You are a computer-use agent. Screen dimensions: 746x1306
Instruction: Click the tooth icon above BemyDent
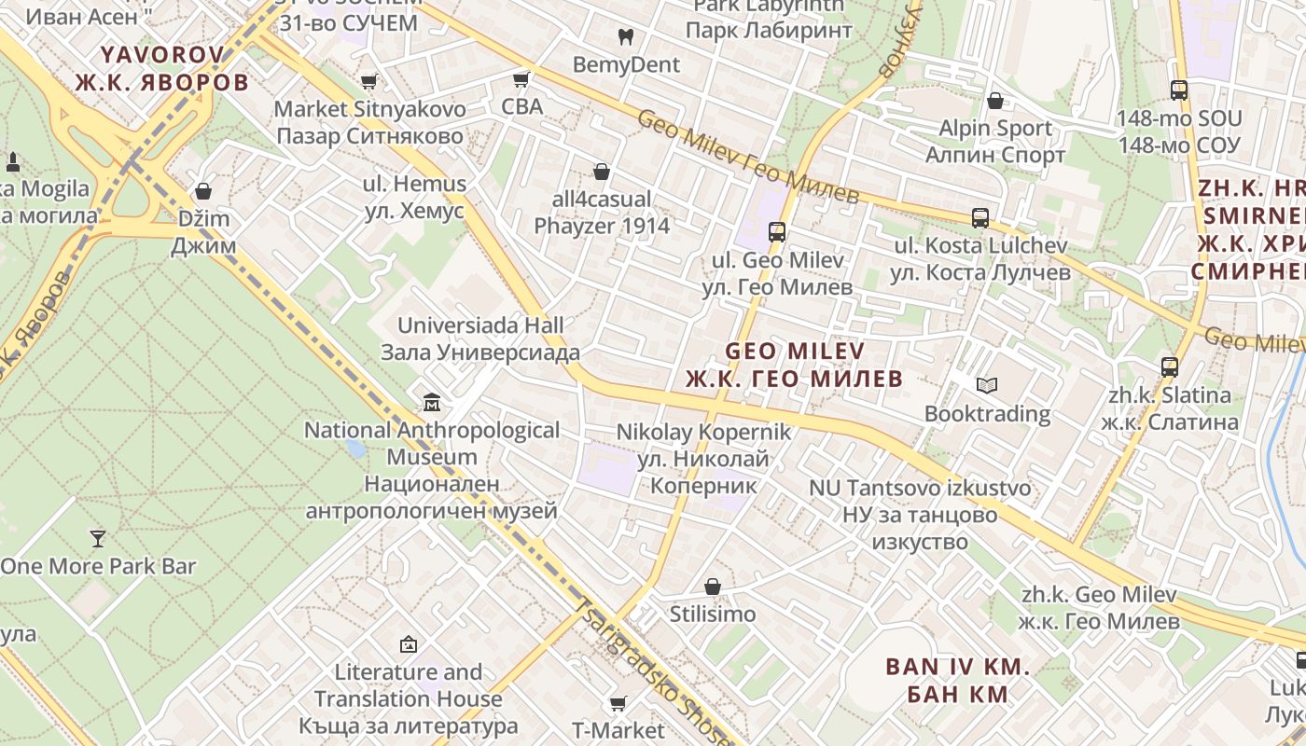626,37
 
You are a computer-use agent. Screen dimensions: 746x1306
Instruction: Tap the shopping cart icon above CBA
521,79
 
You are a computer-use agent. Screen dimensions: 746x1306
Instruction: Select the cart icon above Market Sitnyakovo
369,81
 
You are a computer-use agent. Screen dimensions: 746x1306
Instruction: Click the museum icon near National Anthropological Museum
432,403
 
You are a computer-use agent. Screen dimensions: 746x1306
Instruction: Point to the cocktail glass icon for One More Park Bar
97,538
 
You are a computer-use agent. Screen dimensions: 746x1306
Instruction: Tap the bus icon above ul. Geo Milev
777,232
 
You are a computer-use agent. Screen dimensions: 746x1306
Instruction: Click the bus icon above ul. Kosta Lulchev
980,218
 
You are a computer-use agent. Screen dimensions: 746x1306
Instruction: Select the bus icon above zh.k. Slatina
1170,367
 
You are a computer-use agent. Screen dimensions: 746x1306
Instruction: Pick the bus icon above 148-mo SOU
1179,90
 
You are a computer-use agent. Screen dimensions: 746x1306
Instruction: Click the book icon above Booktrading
987,385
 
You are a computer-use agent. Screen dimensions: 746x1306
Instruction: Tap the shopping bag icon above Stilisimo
713,587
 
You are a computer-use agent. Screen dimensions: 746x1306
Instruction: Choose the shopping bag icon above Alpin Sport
995,101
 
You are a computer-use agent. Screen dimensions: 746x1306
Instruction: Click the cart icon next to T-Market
618,703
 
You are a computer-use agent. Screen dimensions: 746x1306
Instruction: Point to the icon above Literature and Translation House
408,644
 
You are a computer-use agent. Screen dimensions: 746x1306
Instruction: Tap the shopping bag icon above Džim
203,192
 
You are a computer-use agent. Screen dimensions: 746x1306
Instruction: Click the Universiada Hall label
480,338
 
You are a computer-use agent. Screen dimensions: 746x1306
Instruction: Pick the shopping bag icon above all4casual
602,172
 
